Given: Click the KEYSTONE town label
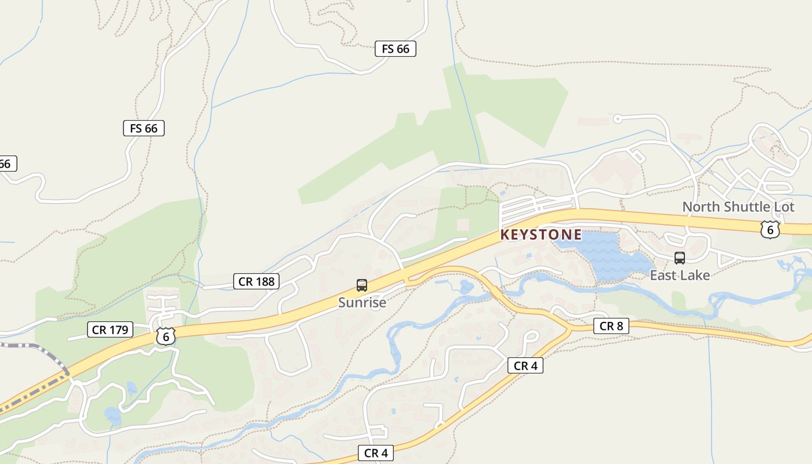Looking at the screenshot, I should [541, 234].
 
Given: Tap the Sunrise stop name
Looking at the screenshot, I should [362, 302].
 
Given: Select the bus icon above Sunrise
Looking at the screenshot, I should [362, 285].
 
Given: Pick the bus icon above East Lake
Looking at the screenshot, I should [679, 258].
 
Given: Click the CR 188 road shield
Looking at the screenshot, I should [256, 282].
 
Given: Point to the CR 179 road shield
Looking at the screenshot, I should [110, 330].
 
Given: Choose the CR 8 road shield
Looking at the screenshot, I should [611, 326].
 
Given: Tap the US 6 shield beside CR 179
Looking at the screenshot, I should [165, 336].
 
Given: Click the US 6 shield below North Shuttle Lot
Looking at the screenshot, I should [770, 229].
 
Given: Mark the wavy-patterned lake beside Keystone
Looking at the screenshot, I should [603, 255].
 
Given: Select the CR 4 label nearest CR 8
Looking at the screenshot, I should [525, 365].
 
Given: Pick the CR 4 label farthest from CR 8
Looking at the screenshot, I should [376, 453].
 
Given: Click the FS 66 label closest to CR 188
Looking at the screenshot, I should [143, 128].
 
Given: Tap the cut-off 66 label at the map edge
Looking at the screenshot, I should [6, 164].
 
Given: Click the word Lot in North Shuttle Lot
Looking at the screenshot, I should [782, 207].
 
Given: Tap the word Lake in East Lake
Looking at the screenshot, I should [695, 275].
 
